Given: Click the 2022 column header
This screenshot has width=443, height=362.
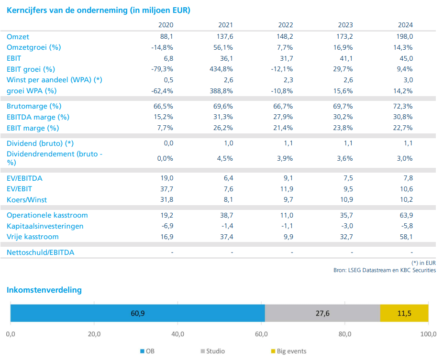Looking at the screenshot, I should (285, 25).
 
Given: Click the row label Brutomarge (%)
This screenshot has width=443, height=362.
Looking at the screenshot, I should (34, 106).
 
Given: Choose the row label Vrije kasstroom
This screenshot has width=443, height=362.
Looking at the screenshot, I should (33, 237).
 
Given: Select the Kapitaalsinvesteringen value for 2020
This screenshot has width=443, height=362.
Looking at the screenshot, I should (166, 226).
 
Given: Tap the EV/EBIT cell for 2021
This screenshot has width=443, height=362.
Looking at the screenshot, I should (228, 189).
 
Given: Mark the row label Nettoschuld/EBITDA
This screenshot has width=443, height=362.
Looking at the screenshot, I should (40, 252).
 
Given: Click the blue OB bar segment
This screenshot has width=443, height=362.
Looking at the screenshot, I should (137, 313).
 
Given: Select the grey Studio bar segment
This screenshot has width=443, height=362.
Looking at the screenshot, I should (322, 313).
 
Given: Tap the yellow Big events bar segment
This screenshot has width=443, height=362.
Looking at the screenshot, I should (404, 313).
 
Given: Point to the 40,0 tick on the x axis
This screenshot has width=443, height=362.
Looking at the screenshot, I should (178, 334).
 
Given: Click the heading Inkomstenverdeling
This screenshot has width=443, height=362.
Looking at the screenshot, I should (44, 290).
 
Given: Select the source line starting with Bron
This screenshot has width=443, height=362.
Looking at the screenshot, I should (385, 270).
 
